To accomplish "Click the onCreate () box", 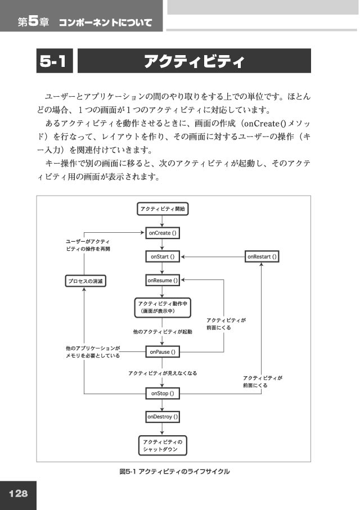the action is click(x=163, y=233).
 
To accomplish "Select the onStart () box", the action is click(x=163, y=256).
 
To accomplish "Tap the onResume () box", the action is click(x=163, y=281).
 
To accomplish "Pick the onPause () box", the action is click(x=163, y=352).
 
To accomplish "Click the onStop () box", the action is click(x=163, y=394).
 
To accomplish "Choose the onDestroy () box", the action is click(x=163, y=417).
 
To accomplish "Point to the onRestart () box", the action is click(x=262, y=256).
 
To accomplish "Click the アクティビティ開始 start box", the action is click(x=163, y=209).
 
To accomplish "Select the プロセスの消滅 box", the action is click(x=85, y=281).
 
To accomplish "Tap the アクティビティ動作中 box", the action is click(x=163, y=308).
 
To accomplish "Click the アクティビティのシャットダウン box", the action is click(x=163, y=445).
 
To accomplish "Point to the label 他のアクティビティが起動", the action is click(x=163, y=332).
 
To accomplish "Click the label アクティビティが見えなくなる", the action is click(x=163, y=373).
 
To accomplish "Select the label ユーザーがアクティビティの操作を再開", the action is click(x=88, y=245).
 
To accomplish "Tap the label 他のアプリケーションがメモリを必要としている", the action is click(x=93, y=352).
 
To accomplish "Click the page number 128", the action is click(x=18, y=494).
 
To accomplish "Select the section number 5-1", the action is click(x=53, y=61).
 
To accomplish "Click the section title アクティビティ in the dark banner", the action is click(x=194, y=61).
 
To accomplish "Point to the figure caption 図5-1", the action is click(x=129, y=471).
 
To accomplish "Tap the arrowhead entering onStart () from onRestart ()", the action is click(x=183, y=256).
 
